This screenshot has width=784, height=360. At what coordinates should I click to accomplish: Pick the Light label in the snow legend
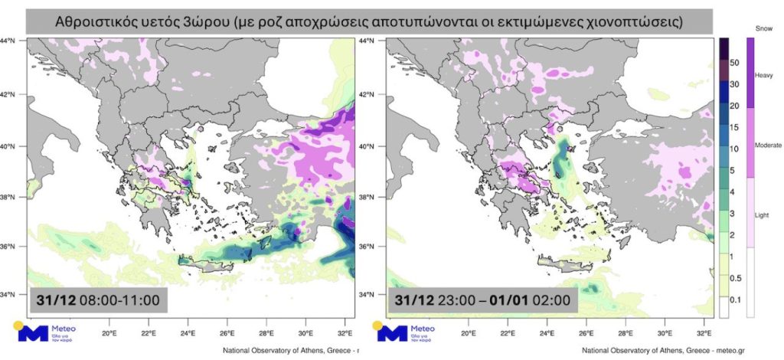pos(763,214)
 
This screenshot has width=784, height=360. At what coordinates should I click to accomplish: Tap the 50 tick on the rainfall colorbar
pos(733,61)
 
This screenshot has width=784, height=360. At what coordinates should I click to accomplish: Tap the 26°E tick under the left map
pos(207,333)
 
